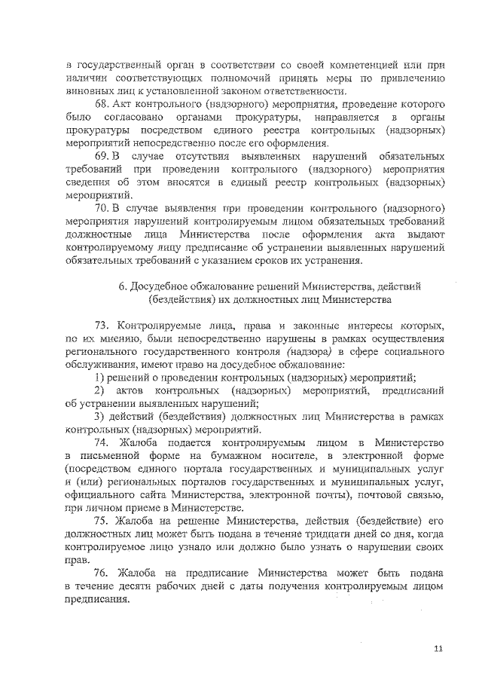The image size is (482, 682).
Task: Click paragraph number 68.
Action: [105, 104]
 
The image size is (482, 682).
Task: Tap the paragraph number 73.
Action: [105, 326]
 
